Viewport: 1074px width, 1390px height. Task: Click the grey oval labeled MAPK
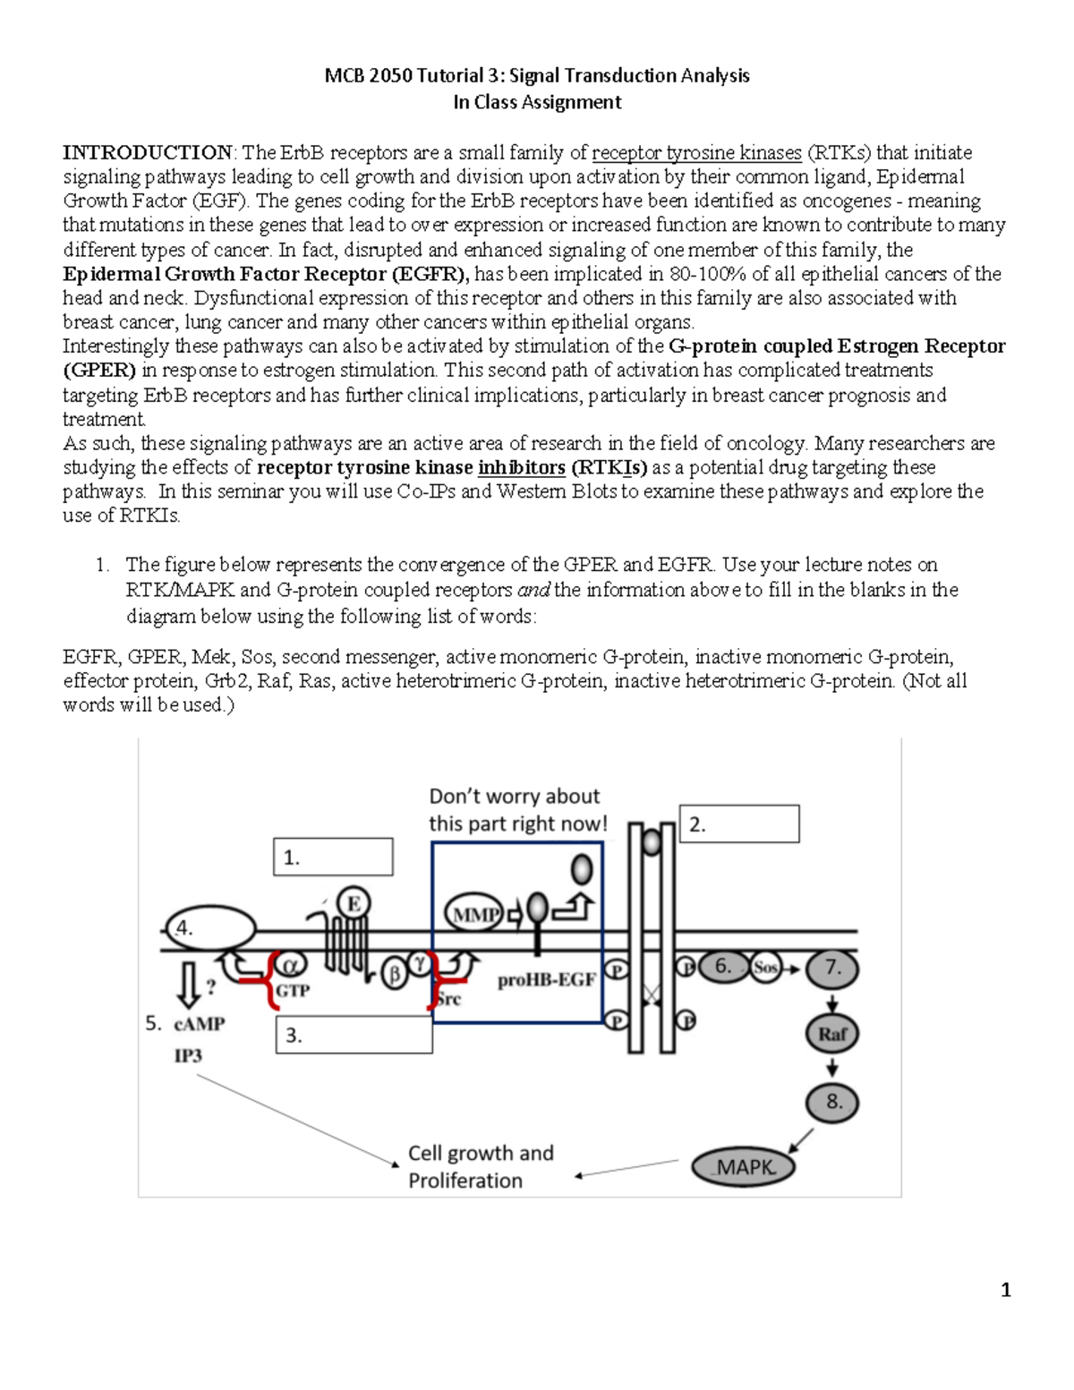744,1166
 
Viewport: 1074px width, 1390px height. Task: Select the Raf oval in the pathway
832,1034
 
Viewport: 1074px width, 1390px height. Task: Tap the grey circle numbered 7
832,968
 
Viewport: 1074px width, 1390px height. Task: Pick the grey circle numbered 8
832,1101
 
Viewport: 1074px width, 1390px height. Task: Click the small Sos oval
765,968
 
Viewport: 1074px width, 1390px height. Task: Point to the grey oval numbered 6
723,967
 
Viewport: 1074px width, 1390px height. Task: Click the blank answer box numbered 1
333,857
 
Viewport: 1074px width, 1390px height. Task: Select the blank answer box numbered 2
740,823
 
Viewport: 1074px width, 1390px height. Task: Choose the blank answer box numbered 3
354,1035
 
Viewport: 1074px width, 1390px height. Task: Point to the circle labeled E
354,903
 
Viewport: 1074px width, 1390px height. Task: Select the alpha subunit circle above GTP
290,965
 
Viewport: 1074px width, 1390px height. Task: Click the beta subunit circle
395,974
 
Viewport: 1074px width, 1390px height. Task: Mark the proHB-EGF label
546,980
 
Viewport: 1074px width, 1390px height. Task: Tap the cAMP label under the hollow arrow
199,1024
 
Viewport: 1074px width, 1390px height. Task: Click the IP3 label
188,1055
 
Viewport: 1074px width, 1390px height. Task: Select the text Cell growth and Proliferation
481,1166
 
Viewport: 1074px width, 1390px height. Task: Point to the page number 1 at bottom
1006,1290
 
